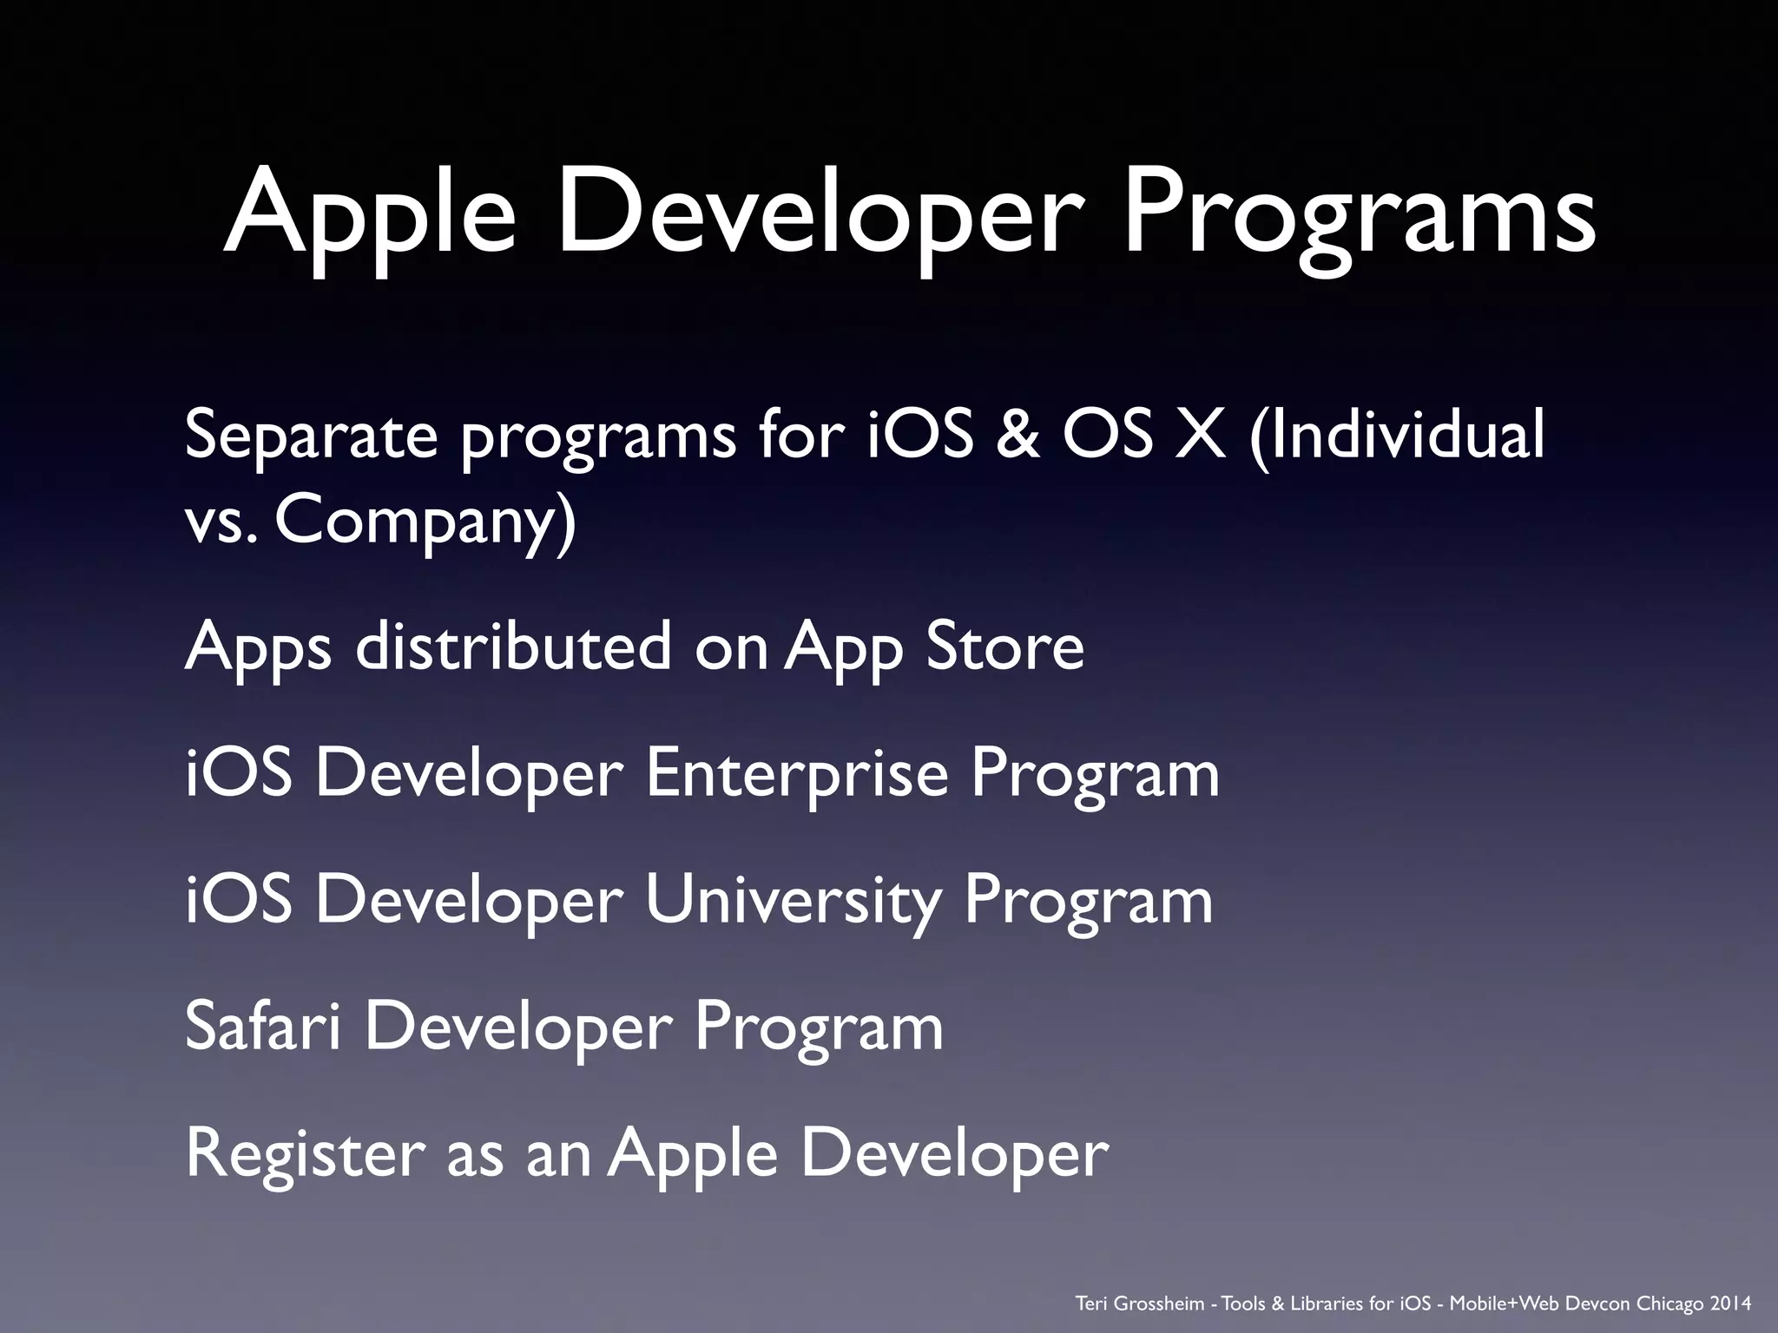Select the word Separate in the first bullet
312,436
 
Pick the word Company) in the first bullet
425,522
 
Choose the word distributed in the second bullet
513,646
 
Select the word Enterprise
796,773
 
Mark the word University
793,901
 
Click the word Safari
261,1026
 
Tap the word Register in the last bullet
305,1154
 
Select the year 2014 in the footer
1729,1303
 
